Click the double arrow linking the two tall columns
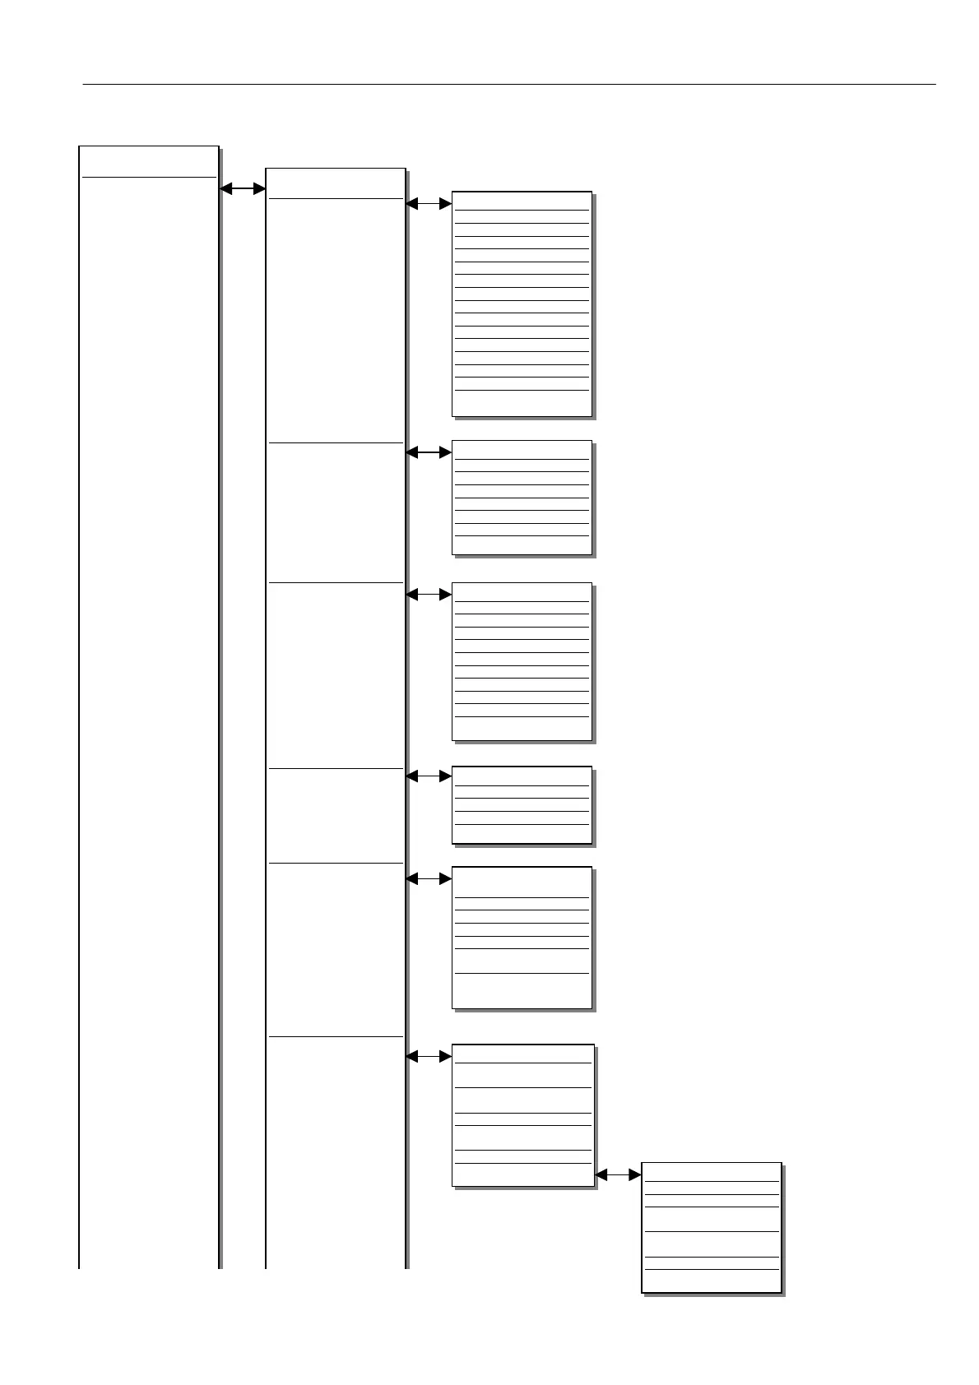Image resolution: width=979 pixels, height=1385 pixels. coord(243,189)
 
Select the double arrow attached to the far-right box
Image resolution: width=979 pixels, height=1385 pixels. coord(617,1175)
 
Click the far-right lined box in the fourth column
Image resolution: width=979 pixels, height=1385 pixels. coord(711,1227)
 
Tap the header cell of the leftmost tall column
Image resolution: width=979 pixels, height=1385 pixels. coord(148,161)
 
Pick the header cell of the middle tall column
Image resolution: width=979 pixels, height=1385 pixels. coord(336,183)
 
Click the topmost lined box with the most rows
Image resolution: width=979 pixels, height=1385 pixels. coord(522,304)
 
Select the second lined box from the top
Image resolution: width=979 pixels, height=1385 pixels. coord(522,498)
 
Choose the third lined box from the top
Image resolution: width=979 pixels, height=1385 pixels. coord(522,662)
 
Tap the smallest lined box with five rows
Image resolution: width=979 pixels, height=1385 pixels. coord(522,805)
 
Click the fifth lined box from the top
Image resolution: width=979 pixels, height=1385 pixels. coord(522,938)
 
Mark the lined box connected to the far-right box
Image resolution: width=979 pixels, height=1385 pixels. coord(522,1115)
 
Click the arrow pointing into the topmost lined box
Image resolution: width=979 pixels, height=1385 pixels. coord(429,203)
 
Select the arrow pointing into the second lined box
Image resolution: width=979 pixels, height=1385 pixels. coord(429,452)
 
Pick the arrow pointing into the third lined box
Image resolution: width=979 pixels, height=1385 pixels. coord(429,594)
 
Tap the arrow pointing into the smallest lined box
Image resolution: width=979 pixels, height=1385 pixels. coord(429,776)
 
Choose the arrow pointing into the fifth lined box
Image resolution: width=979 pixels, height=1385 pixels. coord(429,879)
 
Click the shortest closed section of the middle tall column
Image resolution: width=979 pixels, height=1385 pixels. coord(336,815)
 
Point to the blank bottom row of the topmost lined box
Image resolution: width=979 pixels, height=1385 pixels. coord(522,403)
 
